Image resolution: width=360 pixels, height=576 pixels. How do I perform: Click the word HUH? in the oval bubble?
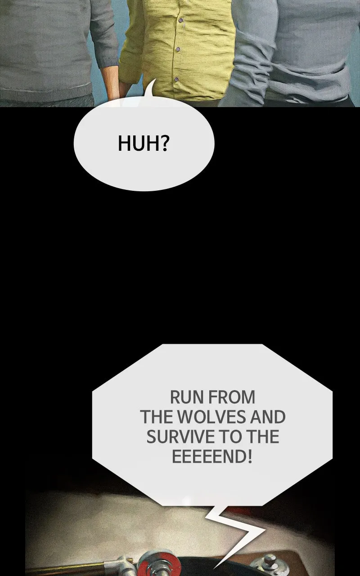pyautogui.click(x=144, y=143)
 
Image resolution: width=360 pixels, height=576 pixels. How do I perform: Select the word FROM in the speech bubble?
pyautogui.click(x=232, y=397)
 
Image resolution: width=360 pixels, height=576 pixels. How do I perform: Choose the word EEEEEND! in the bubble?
pyautogui.click(x=212, y=457)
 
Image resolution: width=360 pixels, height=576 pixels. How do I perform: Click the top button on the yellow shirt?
pyautogui.click(x=181, y=20)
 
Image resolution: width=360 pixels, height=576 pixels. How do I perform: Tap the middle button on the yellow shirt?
pyautogui.click(x=178, y=49)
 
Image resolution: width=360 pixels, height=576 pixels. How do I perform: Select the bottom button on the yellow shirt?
pyautogui.click(x=176, y=79)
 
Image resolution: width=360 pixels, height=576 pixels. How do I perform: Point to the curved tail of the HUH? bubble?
pyautogui.click(x=150, y=90)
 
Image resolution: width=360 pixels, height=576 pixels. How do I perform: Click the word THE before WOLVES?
pyautogui.click(x=157, y=417)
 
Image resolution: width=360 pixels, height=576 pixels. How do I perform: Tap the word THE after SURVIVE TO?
pyautogui.click(x=263, y=437)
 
